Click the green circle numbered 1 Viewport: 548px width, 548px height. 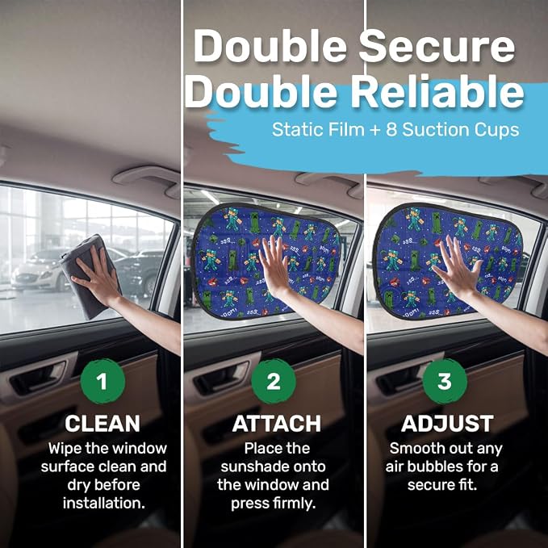[102, 381]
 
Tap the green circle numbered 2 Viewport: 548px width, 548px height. [274, 381]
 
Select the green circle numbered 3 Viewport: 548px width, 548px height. [445, 381]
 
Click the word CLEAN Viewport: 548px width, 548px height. [102, 424]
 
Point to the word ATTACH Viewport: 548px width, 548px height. [277, 424]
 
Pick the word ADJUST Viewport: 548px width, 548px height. [447, 424]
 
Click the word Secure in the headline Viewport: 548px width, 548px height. [437, 47]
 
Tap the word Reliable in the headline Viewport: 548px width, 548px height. [437, 91]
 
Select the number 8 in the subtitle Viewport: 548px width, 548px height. [391, 130]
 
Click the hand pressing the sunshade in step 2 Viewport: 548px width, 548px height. [276, 266]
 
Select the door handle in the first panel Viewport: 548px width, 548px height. [39, 378]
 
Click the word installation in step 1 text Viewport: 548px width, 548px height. [104, 504]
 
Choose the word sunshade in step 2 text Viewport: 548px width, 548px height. [273, 467]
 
